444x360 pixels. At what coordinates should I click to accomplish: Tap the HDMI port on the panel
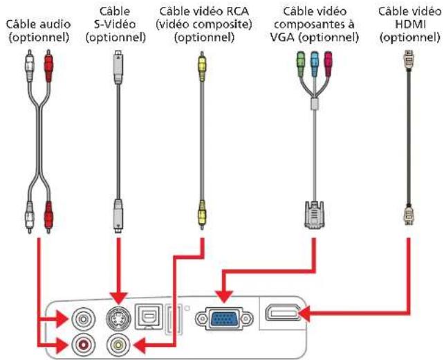[x=282, y=313]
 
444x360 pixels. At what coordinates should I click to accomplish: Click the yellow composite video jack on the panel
[x=118, y=345]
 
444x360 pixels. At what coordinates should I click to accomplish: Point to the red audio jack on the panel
[x=83, y=345]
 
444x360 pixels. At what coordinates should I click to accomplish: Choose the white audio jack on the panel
[x=83, y=319]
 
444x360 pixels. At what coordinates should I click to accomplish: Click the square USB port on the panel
[x=149, y=316]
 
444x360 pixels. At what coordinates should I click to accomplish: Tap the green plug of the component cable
[x=301, y=64]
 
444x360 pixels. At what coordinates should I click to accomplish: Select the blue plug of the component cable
[x=314, y=64]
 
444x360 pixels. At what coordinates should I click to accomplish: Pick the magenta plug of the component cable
[x=329, y=64]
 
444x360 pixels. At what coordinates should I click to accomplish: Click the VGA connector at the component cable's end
[x=314, y=215]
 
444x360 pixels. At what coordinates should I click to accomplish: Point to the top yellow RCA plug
[x=202, y=66]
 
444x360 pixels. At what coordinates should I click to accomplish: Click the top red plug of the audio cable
[x=48, y=66]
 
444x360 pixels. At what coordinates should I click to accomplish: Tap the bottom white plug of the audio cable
[x=30, y=217]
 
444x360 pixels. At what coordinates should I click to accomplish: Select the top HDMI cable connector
[x=408, y=60]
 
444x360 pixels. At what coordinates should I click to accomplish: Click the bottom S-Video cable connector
[x=118, y=216]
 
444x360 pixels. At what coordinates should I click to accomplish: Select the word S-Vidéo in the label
[x=115, y=24]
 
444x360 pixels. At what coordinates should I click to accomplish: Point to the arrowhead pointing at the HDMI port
[x=304, y=314]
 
